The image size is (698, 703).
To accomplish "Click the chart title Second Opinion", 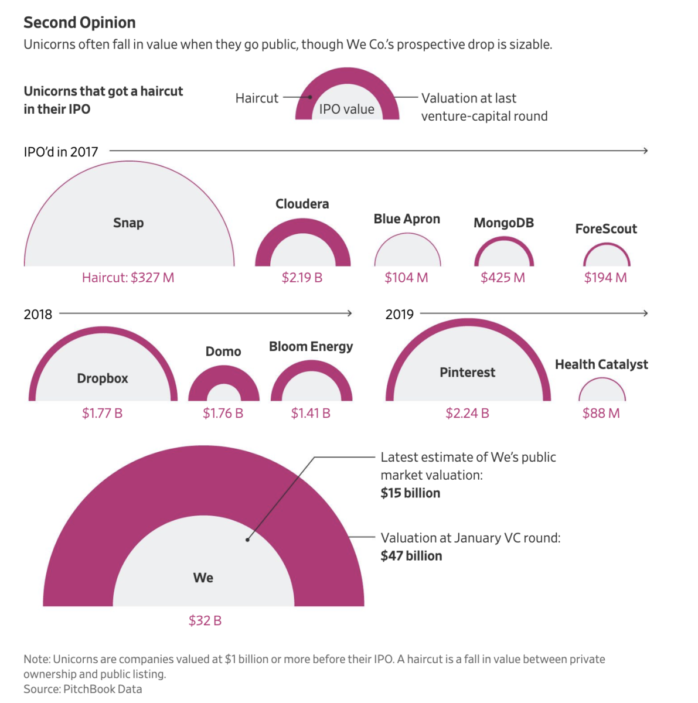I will pos(80,23).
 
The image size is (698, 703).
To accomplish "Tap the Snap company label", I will pos(128,223).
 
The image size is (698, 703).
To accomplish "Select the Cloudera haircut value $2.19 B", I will pos(302,278).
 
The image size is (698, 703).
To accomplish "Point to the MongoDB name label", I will pos(503,223).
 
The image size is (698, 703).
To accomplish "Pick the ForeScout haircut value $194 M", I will pos(605,278).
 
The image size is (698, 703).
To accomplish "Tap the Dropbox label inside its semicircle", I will pos(103,378).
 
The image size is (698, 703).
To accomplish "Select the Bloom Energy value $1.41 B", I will pos(311,414).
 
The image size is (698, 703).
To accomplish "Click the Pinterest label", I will pos(467,373).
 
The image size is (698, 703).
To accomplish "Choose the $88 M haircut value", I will pos(601,414).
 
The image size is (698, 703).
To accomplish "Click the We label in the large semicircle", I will pos(203,578).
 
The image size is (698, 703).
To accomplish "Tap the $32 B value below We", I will pos(205,621).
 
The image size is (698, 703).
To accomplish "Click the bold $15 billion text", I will pos(410,493).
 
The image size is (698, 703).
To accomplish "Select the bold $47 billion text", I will pos(411,556).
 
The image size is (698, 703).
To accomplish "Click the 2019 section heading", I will pos(399,315).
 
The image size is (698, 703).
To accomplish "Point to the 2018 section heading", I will pos(38,315).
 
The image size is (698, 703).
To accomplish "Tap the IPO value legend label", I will pos(346,110).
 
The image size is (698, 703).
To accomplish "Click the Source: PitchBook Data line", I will pos(83,689).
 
